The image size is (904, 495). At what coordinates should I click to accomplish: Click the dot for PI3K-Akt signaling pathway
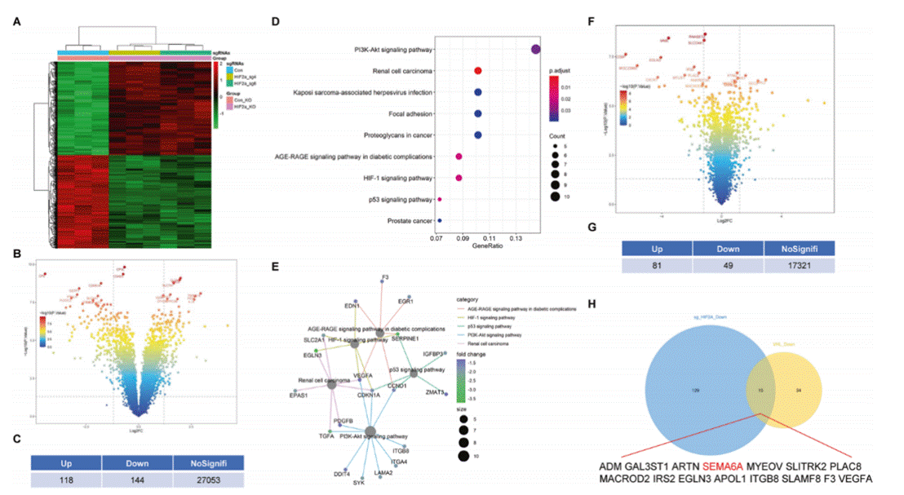(x=536, y=50)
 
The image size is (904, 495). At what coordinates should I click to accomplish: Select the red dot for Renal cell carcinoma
(x=478, y=71)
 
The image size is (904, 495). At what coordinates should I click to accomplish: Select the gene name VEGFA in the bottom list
(x=853, y=479)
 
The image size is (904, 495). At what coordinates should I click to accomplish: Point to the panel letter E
(x=276, y=266)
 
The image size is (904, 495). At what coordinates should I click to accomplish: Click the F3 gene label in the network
(x=383, y=278)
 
